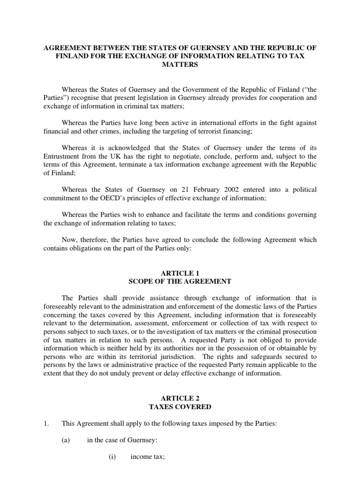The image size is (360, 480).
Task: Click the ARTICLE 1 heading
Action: (180, 273)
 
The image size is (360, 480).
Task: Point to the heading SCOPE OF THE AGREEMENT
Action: (180, 281)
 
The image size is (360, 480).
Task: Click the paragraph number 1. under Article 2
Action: (46, 424)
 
